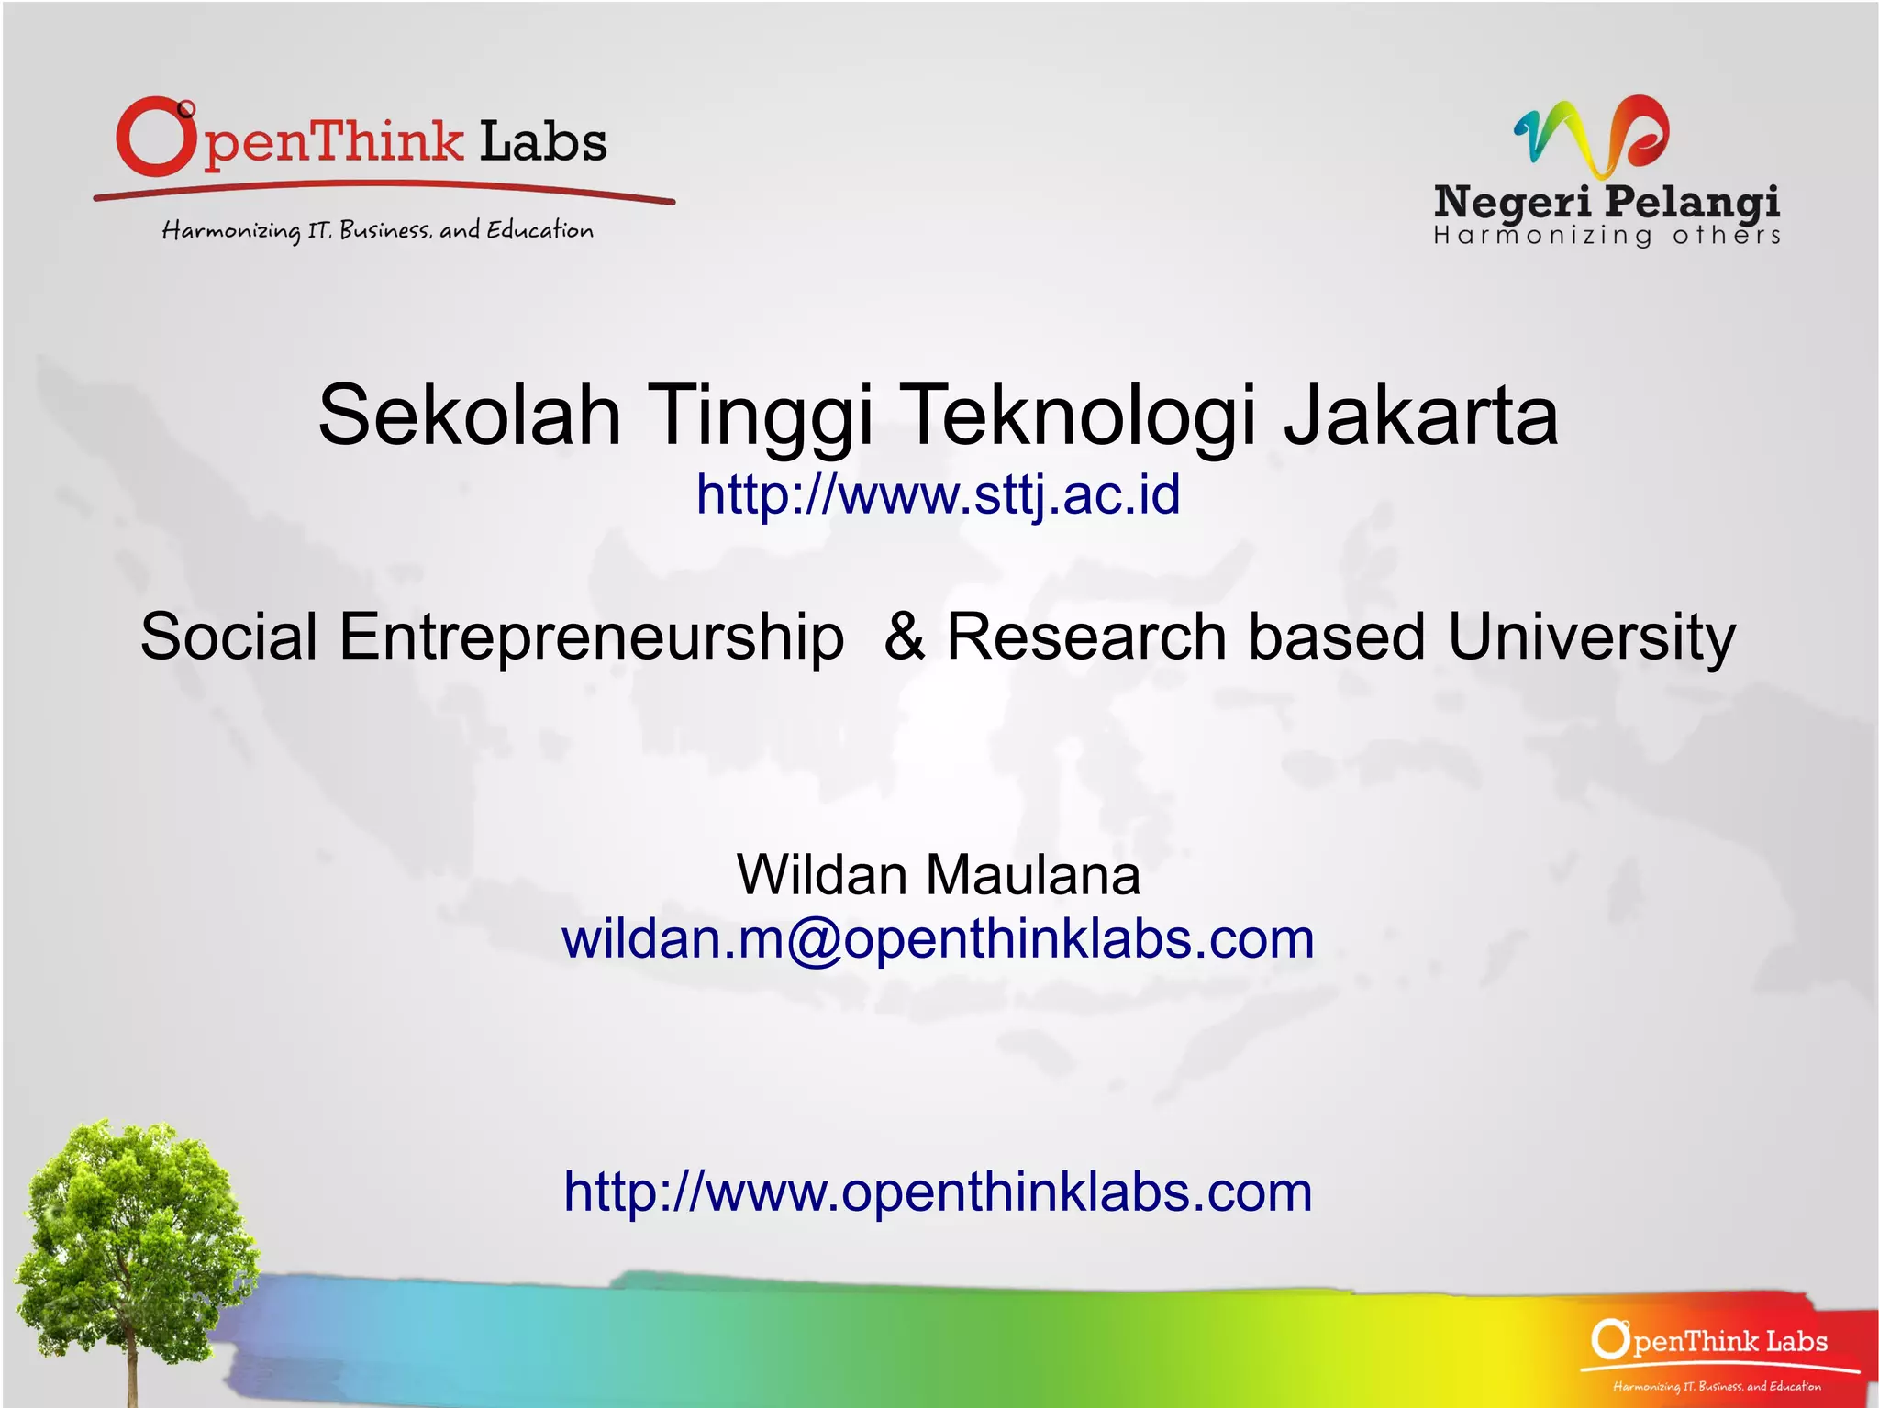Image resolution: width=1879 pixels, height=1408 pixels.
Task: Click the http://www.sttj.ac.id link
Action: pyautogui.click(x=938, y=494)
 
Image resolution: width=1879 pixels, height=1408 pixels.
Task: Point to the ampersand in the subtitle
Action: pyautogui.click(x=904, y=637)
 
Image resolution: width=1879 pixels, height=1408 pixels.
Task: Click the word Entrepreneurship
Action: pyautogui.click(x=591, y=637)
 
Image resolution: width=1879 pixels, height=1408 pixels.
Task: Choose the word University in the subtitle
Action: pyautogui.click(x=1591, y=637)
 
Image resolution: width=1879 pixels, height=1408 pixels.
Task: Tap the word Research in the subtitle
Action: pyautogui.click(x=1086, y=637)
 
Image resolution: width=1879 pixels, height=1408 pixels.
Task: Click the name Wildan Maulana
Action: pyautogui.click(x=938, y=874)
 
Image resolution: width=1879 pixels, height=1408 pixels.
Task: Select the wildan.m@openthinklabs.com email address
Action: pyautogui.click(x=938, y=939)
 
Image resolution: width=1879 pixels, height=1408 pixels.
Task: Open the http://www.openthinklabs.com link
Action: pyautogui.click(x=938, y=1192)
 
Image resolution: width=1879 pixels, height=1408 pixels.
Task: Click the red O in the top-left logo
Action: pyautogui.click(x=155, y=138)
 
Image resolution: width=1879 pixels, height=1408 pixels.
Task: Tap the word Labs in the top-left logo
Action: pyautogui.click(x=543, y=143)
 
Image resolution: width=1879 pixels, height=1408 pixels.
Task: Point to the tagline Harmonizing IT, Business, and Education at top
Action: pyautogui.click(x=377, y=229)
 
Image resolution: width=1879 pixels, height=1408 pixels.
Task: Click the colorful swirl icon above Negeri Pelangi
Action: pyautogui.click(x=1592, y=136)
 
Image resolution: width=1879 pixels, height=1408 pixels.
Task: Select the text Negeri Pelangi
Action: pyautogui.click(x=1606, y=201)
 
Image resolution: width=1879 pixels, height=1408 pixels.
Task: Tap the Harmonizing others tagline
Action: pyautogui.click(x=1606, y=236)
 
